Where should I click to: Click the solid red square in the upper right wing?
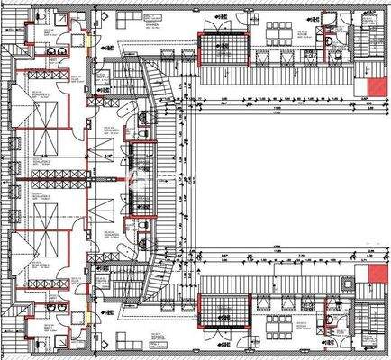pyautogui.click(x=370, y=86)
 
